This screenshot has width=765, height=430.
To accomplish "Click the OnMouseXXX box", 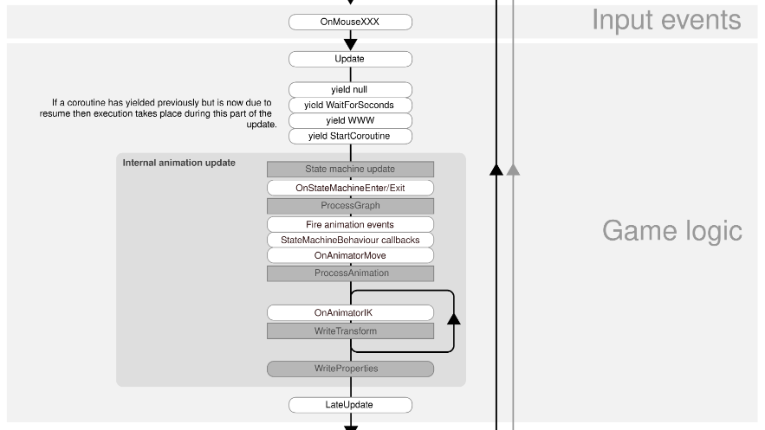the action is coord(350,22).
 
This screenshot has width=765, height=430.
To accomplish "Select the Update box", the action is coord(350,59).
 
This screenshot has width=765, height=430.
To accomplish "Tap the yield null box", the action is coord(350,90).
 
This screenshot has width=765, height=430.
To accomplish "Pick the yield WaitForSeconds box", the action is coord(350,106).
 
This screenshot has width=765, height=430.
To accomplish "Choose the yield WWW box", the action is coord(350,121).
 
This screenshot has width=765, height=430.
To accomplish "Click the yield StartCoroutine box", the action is coord(350,137).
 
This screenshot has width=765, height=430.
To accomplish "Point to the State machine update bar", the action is coord(350,169).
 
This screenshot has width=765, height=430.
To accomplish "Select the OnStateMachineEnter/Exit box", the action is coord(350,188).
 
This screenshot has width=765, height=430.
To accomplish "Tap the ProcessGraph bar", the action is coord(350,206).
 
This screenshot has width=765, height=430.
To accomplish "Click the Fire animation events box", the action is coord(350,224).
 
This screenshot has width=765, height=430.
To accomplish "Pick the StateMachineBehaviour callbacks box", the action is coord(350,240).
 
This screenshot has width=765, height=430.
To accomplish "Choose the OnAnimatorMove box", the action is coord(350,255).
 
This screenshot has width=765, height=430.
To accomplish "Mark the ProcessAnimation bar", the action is coord(350,273).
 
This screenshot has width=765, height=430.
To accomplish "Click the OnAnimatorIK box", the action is coord(350,312).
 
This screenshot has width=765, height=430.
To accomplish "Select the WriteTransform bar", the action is coord(350,331).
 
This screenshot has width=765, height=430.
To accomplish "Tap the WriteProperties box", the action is coord(350,369).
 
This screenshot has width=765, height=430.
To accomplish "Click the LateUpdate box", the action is coord(350,405).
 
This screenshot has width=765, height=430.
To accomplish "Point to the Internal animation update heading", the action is coord(179,163).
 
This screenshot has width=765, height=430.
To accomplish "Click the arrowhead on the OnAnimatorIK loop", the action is coord(454,319).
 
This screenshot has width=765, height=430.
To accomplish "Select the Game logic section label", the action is coord(672,231).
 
